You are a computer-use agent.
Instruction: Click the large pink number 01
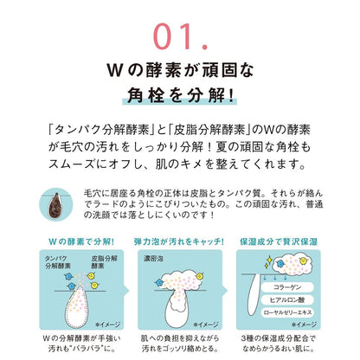180,36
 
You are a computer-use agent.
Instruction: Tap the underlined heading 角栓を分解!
180,95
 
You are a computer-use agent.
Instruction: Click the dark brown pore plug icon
55,205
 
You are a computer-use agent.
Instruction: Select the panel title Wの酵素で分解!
81,241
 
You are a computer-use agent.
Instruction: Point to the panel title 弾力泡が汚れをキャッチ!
179,241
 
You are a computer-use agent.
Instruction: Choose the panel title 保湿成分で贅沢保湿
279,241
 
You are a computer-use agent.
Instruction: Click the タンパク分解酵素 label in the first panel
58,262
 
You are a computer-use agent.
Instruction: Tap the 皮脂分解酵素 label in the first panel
104,262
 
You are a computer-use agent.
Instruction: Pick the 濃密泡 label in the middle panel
153,259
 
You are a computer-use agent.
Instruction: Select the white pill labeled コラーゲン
287,287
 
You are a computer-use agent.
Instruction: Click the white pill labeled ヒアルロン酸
287,300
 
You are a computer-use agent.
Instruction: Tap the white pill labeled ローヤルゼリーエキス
287,312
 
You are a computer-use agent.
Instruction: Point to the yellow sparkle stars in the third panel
268,262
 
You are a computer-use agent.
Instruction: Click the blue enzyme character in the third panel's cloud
280,263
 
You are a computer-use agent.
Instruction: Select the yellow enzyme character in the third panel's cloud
303,261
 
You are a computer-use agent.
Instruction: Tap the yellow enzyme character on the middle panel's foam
199,277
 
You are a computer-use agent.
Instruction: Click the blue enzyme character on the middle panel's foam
159,282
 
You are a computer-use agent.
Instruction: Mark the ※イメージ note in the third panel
304,325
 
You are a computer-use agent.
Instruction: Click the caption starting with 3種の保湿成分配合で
279,344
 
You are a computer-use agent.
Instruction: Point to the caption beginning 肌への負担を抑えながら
180,344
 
